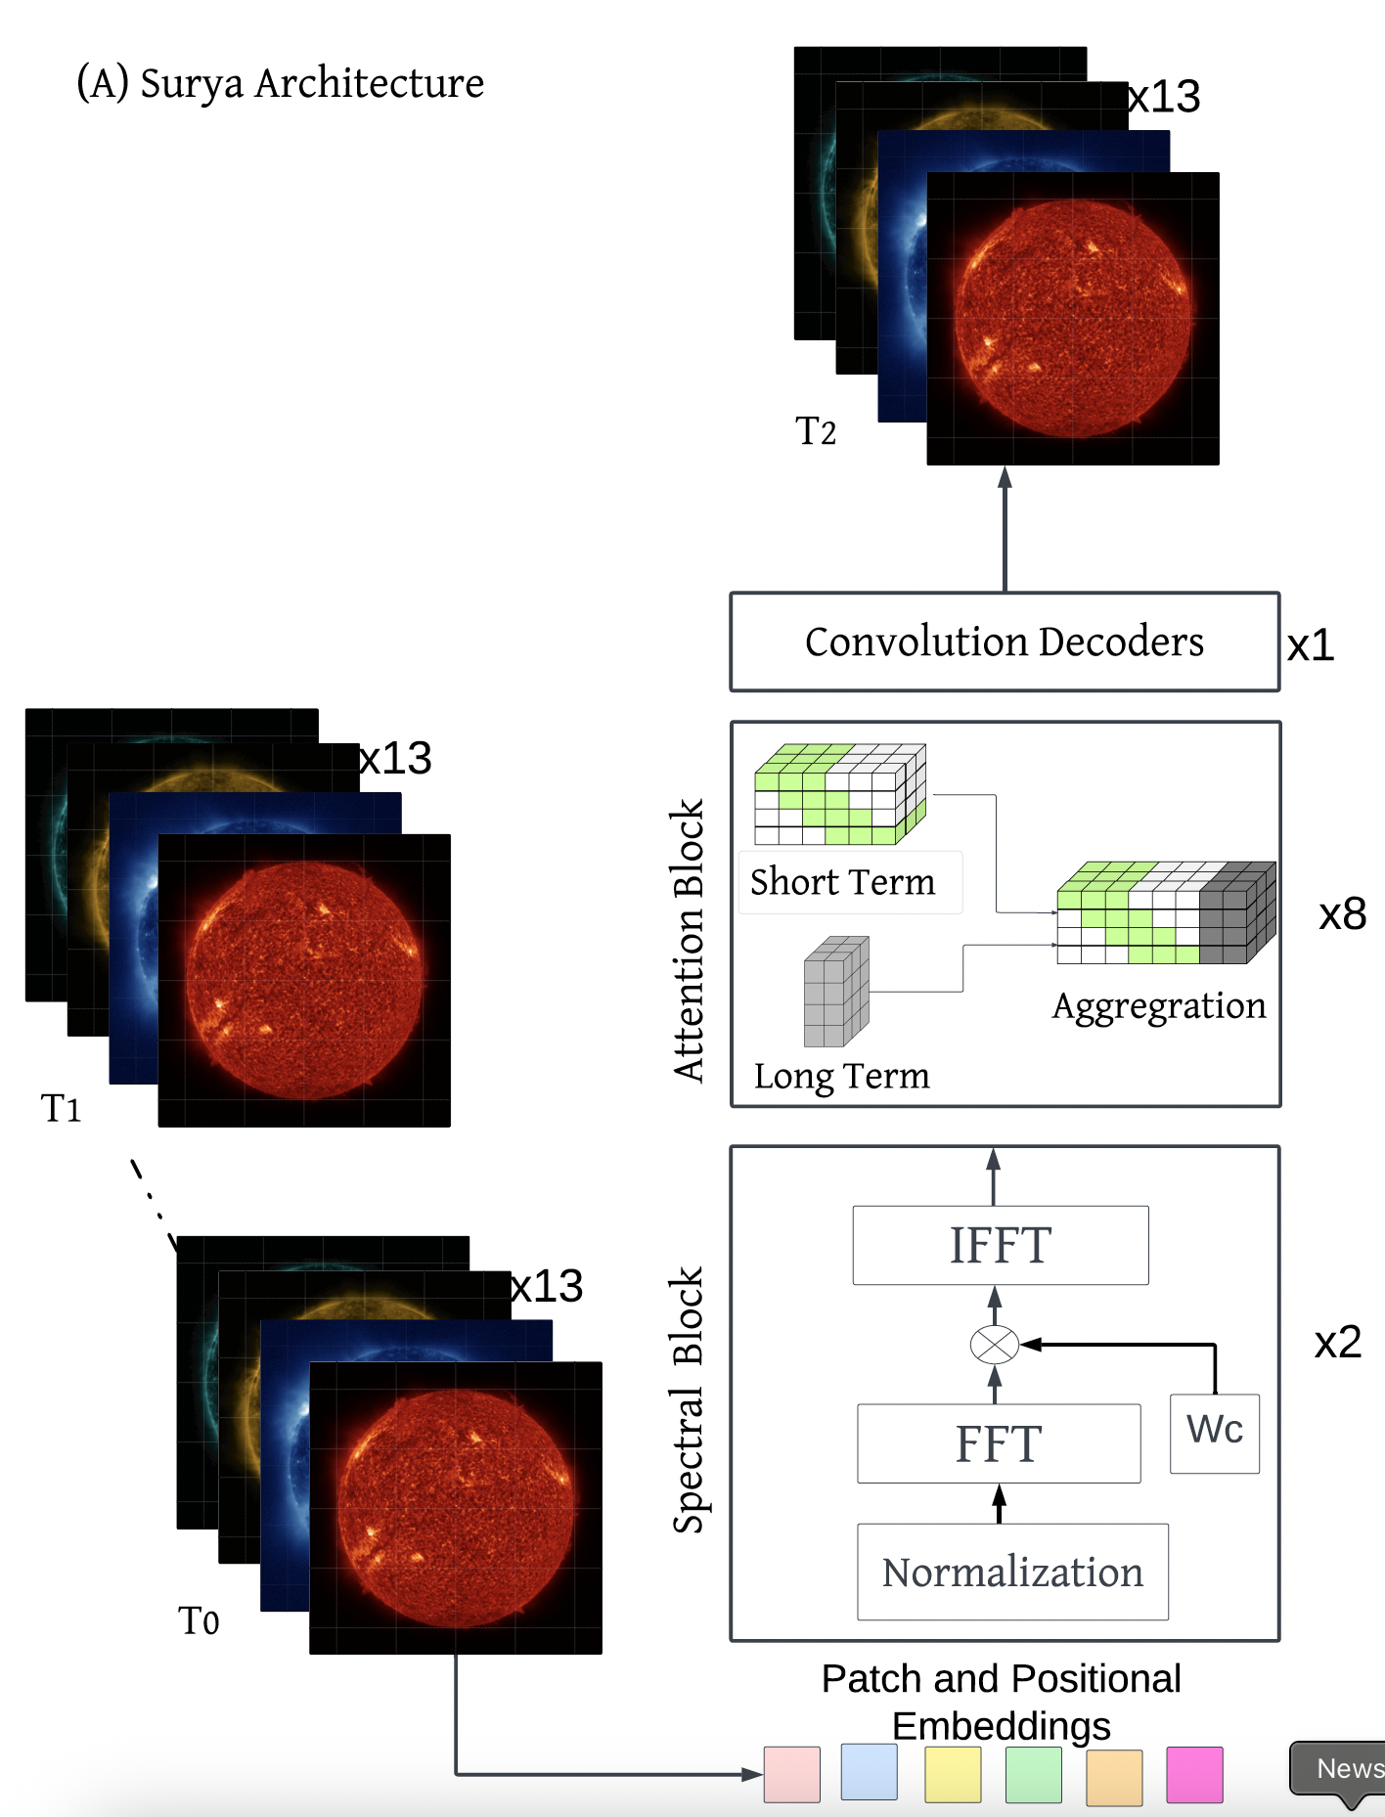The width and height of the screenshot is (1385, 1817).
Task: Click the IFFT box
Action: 1001,1245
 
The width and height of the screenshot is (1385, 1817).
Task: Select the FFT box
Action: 999,1443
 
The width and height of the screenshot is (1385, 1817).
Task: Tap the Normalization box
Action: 1012,1572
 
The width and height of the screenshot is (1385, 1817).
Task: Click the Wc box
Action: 1215,1433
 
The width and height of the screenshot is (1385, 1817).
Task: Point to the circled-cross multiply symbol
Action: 994,1345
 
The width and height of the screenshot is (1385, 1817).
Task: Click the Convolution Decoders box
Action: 1005,642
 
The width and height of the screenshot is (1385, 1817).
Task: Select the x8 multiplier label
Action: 1342,914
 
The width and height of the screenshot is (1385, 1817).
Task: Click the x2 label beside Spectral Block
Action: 1337,1342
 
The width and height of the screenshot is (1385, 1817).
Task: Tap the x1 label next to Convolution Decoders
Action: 1311,645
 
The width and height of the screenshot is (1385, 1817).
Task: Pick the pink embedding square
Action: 791,1774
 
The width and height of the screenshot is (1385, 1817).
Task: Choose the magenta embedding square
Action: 1194,1774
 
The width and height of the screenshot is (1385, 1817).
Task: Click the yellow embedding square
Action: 953,1774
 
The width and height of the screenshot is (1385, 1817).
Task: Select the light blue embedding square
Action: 869,1771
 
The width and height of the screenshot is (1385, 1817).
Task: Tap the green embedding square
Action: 1034,1774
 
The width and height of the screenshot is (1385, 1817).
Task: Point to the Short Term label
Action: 842,882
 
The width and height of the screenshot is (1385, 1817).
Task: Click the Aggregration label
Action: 1159,1006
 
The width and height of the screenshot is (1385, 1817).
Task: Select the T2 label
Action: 816,431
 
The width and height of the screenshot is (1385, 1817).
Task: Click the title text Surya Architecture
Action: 281,83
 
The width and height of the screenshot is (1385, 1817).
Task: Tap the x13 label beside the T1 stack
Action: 396,758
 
